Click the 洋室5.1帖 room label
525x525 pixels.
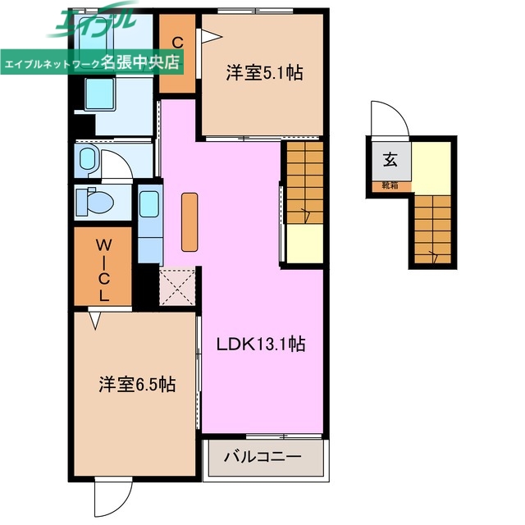point(264,74)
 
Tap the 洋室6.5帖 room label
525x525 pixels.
point(136,383)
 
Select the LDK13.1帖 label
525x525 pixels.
point(260,345)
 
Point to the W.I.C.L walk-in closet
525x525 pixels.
point(104,270)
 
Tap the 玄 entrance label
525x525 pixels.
point(390,161)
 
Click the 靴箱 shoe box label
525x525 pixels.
point(390,185)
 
